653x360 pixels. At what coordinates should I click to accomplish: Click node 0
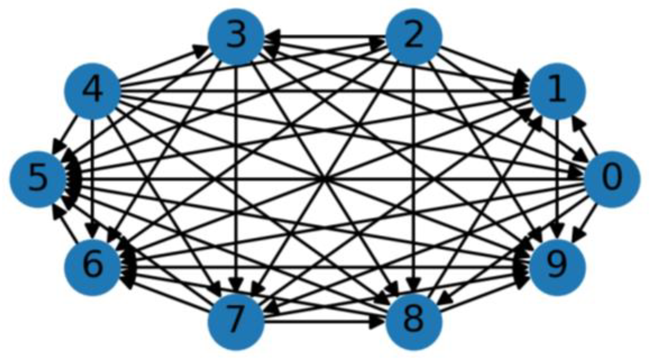click(611, 179)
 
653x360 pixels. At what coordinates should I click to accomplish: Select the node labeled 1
click(557, 91)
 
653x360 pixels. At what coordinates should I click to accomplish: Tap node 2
click(414, 37)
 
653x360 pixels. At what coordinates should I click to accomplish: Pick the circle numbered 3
click(236, 37)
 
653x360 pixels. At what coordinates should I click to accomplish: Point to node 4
click(92, 91)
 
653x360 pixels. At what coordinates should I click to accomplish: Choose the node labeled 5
click(38, 179)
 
